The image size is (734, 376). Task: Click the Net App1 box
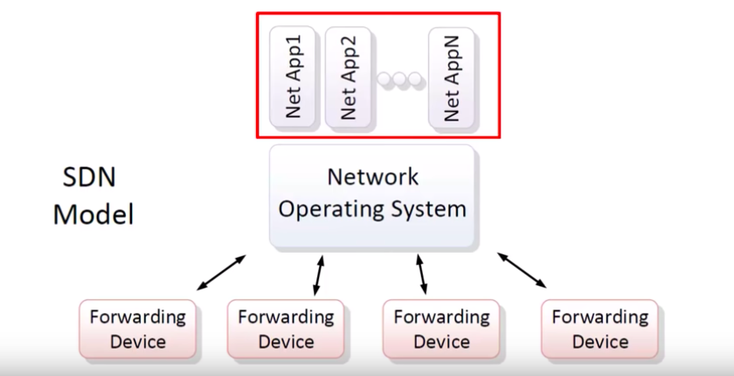tap(293, 77)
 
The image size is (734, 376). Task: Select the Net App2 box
tap(348, 77)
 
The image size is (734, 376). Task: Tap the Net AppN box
tap(451, 77)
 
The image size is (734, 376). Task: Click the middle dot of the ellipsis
tap(399, 80)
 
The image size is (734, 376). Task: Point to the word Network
tap(372, 178)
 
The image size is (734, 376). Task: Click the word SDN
tap(89, 178)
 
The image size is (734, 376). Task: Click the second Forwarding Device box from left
tap(286, 329)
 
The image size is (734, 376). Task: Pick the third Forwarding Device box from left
tap(441, 329)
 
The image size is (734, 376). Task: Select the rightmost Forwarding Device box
tap(599, 329)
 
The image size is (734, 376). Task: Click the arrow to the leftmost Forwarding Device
tap(220, 273)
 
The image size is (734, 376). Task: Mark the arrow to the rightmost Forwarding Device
tap(523, 270)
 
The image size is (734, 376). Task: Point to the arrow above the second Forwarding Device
tap(319, 274)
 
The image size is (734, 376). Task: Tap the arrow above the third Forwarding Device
tap(422, 274)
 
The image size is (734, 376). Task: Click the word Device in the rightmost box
tap(599, 341)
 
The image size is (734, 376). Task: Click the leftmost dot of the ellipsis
tap(385, 80)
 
